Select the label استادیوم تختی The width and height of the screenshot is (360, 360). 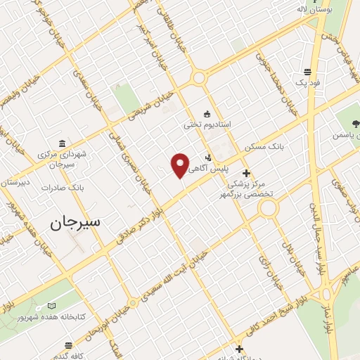click(x=207, y=125)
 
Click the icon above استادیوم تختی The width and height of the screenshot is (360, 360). click(x=206, y=113)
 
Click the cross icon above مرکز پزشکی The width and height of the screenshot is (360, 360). click(x=246, y=173)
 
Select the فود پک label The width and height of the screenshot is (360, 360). click(x=307, y=83)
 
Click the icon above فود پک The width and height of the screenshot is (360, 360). click(x=307, y=71)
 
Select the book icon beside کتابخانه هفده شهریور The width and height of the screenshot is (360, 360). click(x=51, y=306)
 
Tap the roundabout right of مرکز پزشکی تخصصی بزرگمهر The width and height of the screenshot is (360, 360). click(x=268, y=208)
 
